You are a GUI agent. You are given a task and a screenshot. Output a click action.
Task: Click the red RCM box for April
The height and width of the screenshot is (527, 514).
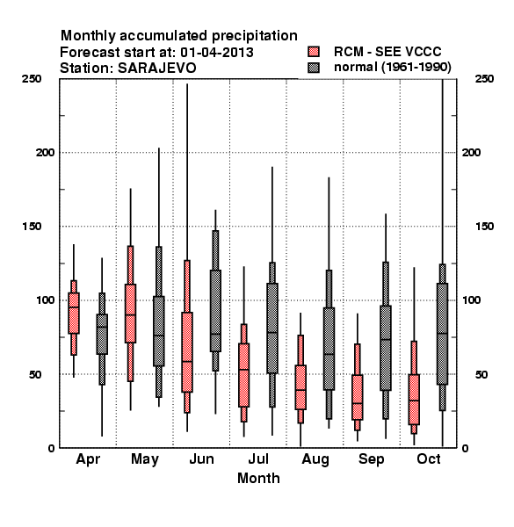pyautogui.click(x=74, y=313)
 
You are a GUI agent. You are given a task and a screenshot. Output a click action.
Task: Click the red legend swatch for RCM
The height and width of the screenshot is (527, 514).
pyautogui.click(x=314, y=52)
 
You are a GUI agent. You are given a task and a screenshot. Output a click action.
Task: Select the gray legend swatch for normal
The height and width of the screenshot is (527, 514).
pyautogui.click(x=314, y=68)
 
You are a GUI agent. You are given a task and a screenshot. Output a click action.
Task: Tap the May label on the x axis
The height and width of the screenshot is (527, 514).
pyautogui.click(x=145, y=459)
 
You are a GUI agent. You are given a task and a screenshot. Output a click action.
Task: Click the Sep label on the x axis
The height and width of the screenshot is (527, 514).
pyautogui.click(x=371, y=459)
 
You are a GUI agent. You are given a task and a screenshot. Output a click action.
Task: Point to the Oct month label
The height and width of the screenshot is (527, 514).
pyautogui.click(x=429, y=458)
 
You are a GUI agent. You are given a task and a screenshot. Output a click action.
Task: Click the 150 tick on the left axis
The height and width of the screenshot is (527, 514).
pyautogui.click(x=32, y=227)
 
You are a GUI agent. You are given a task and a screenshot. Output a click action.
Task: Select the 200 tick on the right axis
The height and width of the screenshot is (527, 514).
pyautogui.click(x=471, y=152)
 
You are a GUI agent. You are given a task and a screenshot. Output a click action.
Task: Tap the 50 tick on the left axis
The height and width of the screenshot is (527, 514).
pyautogui.click(x=35, y=374)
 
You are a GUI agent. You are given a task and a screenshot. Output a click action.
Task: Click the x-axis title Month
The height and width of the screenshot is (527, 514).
pyautogui.click(x=258, y=479)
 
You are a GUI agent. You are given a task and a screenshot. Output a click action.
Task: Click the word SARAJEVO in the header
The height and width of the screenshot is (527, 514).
pyautogui.click(x=157, y=69)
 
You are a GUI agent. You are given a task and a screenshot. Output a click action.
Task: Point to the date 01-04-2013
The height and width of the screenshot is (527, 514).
pyautogui.click(x=217, y=53)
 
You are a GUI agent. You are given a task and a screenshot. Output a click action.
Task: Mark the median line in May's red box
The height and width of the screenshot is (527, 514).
pyautogui.click(x=130, y=315)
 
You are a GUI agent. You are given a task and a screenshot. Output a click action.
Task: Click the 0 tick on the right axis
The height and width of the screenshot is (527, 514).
pyautogui.click(x=465, y=448)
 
